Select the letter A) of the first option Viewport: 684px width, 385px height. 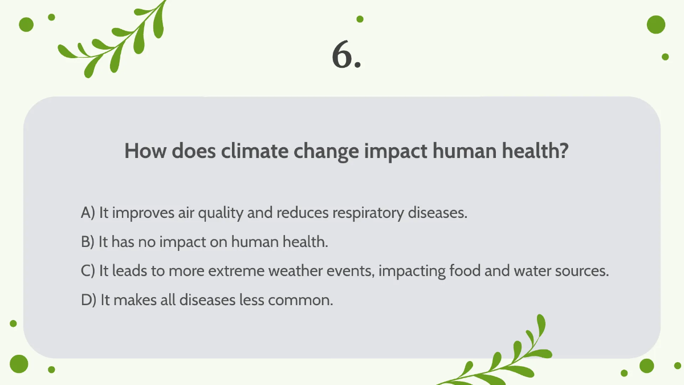(x=88, y=213)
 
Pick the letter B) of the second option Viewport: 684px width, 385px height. (x=87, y=242)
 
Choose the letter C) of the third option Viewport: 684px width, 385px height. (x=88, y=271)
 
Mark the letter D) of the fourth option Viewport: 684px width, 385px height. (x=89, y=300)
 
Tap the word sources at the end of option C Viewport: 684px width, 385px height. (x=584, y=271)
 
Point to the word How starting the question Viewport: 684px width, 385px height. (x=145, y=151)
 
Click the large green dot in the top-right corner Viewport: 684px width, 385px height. (x=656, y=25)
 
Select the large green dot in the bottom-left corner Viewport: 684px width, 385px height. (x=19, y=363)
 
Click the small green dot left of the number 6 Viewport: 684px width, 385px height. (x=360, y=19)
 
